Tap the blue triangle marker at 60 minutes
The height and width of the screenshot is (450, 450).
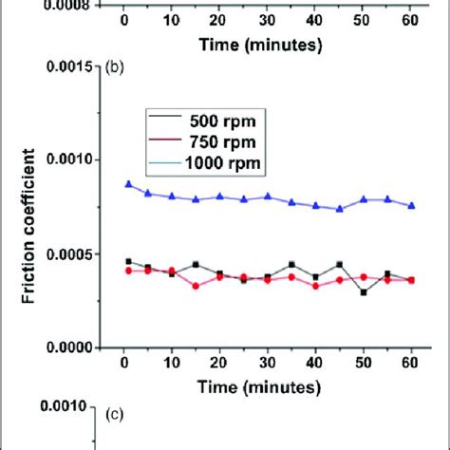click(x=410, y=205)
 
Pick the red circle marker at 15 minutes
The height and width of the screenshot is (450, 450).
click(x=196, y=286)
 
